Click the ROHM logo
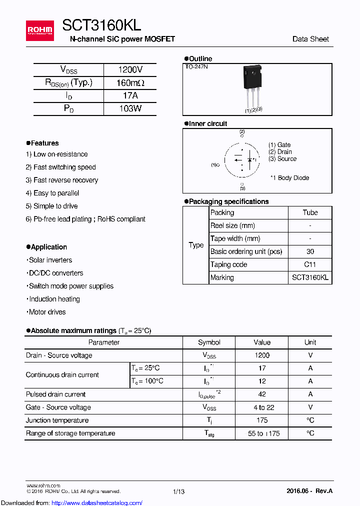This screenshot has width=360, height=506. click(x=39, y=31)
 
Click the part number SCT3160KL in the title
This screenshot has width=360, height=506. click(x=101, y=25)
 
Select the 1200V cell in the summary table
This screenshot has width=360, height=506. click(x=130, y=70)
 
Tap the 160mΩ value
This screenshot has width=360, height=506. click(x=130, y=83)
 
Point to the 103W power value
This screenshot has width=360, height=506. click(x=130, y=108)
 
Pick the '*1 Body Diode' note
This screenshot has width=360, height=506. click(x=289, y=178)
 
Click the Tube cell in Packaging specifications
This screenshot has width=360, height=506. click(x=310, y=212)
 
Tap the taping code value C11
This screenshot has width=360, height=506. click(x=310, y=264)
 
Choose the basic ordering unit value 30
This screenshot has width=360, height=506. click(x=310, y=251)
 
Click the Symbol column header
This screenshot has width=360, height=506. click(x=209, y=342)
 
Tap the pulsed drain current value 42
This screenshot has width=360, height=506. click(x=262, y=394)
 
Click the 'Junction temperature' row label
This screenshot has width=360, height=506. click(x=57, y=420)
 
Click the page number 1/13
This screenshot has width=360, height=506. click(x=178, y=491)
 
